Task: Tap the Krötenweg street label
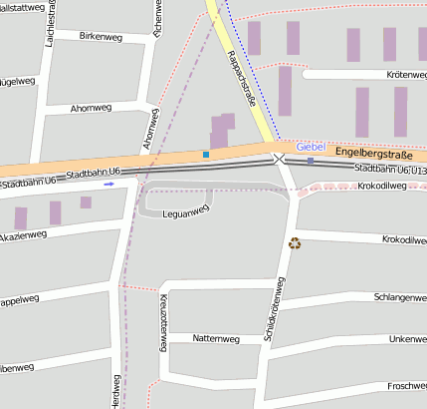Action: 405,75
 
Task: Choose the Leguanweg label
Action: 185,210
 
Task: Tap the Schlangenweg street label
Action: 399,297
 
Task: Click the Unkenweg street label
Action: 407,339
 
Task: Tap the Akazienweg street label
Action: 22,235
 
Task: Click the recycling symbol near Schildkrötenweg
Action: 294,242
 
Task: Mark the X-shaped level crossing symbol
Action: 279,159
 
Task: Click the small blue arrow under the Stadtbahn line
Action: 108,184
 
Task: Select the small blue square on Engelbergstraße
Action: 206,155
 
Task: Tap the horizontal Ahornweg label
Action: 92,107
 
